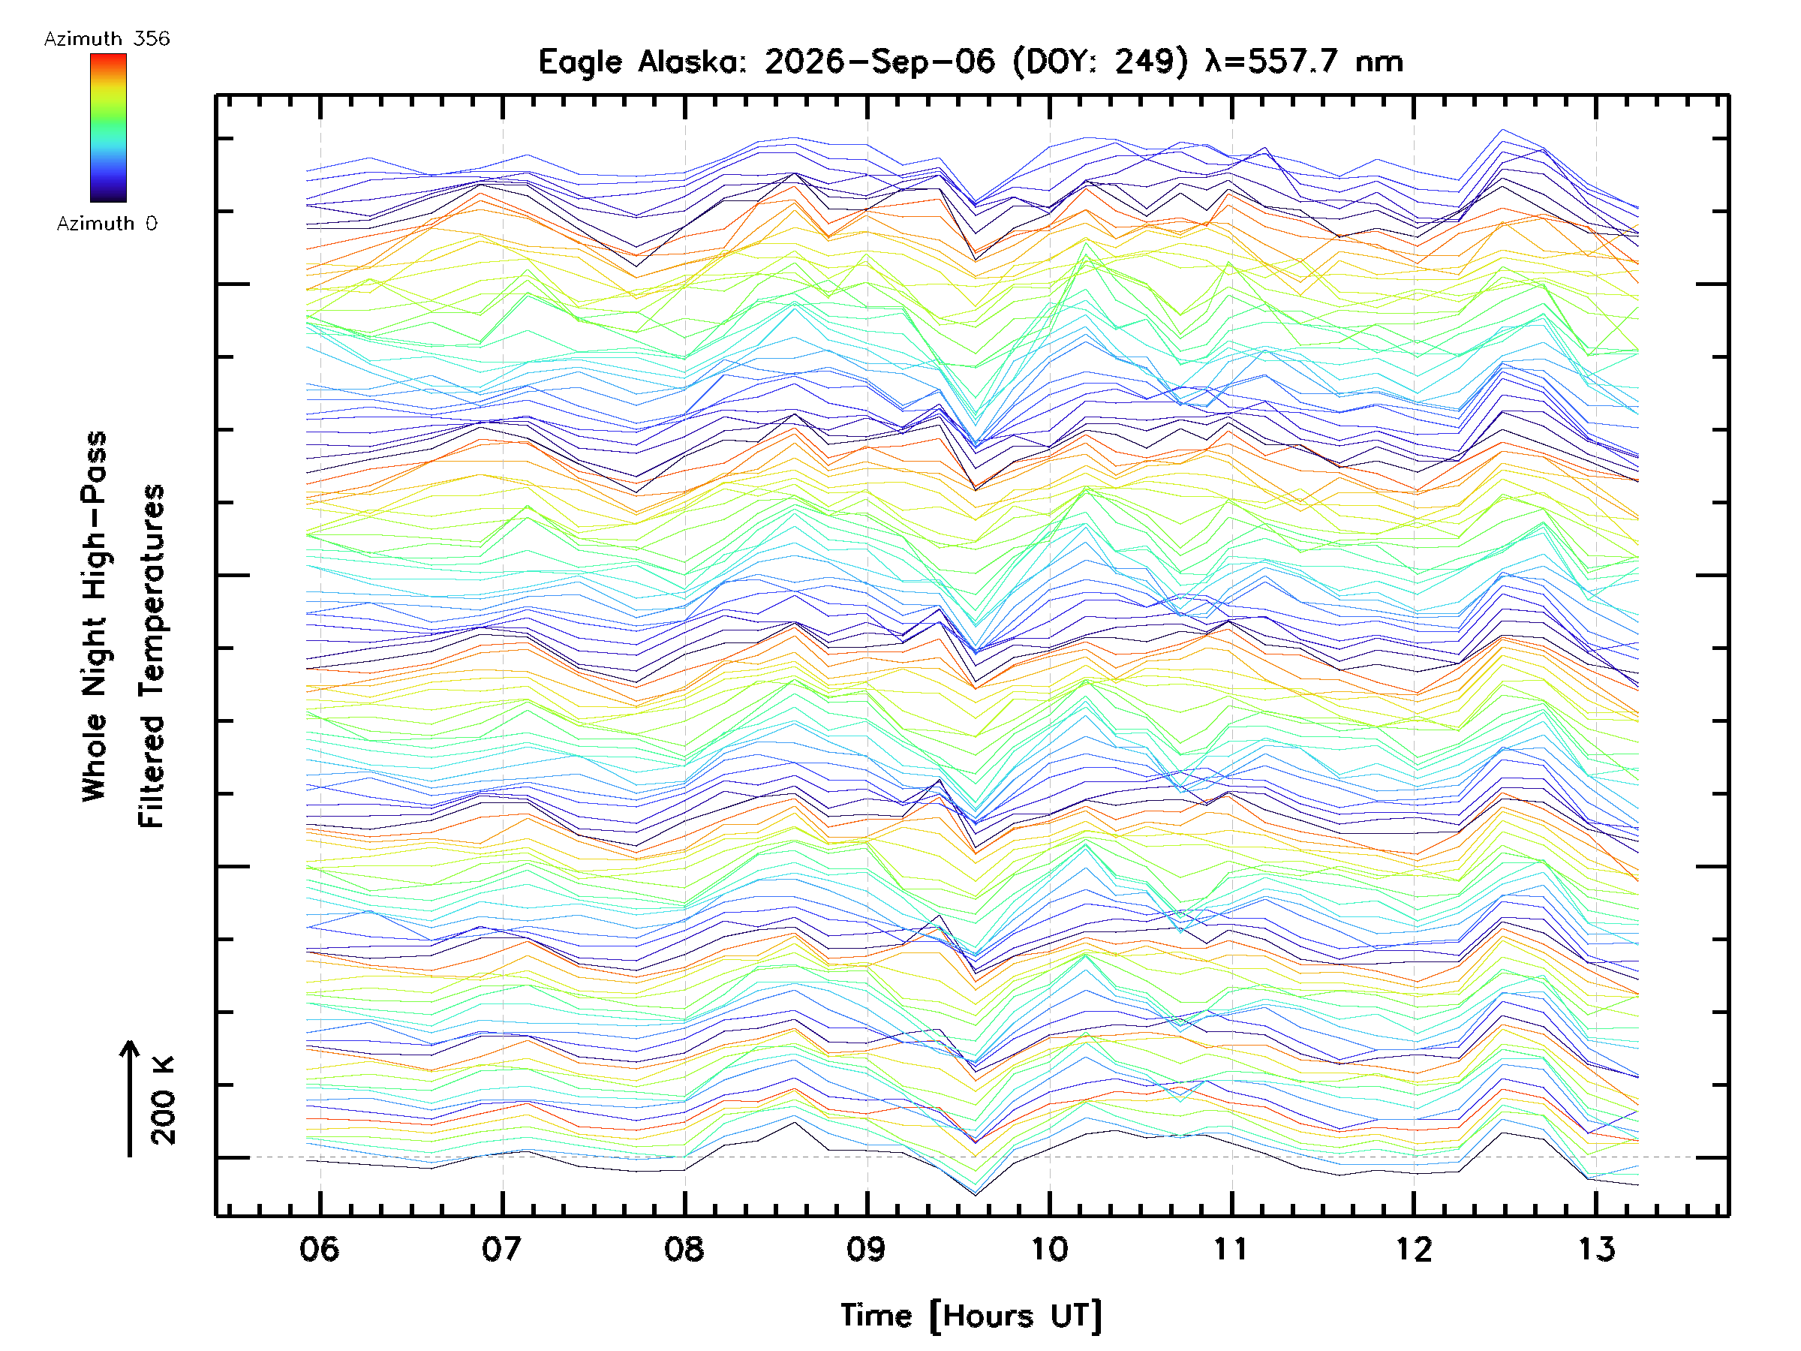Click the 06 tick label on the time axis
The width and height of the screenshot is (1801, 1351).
(x=319, y=1248)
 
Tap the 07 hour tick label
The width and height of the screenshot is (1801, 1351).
(x=501, y=1248)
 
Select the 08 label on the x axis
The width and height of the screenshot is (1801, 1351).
(x=684, y=1248)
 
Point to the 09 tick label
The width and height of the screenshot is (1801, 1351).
(x=866, y=1248)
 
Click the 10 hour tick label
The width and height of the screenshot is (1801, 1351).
(x=1048, y=1248)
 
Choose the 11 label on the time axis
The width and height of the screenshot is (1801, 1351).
(x=1231, y=1248)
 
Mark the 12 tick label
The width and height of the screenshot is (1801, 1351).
(x=1414, y=1248)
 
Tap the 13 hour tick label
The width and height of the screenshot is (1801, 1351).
(x=1596, y=1248)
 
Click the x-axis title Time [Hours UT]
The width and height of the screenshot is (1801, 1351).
(x=971, y=1316)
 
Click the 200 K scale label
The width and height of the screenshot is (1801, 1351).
(x=163, y=1100)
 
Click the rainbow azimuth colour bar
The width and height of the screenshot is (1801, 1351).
(x=108, y=128)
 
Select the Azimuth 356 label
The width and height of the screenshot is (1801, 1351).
(x=107, y=39)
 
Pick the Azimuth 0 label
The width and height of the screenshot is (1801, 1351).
(x=107, y=223)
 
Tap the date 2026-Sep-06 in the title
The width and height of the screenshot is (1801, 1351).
(x=879, y=62)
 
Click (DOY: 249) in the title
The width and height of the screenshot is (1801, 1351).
(x=1101, y=62)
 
